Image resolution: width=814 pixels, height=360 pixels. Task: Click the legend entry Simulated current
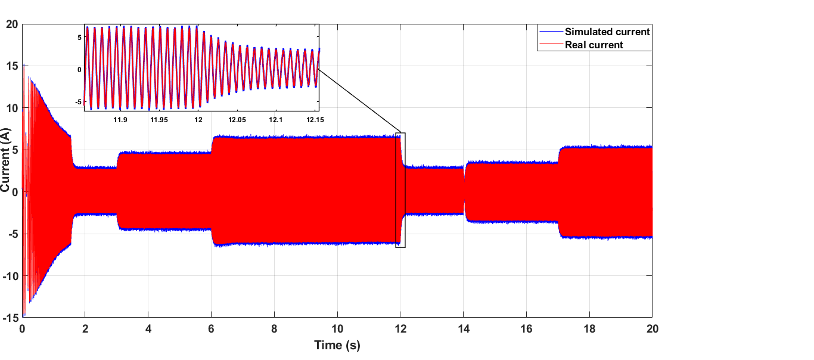point(607,32)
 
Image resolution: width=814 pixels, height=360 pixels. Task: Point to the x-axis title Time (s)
point(337,345)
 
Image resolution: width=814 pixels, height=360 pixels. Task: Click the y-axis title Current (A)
point(6,170)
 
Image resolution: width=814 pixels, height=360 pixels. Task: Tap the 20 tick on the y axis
point(12,24)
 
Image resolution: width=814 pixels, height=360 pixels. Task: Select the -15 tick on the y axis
point(10,318)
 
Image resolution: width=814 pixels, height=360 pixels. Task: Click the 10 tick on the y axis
point(12,108)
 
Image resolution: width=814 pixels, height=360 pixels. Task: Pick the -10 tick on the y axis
point(10,276)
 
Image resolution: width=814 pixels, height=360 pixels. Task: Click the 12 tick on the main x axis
point(400,329)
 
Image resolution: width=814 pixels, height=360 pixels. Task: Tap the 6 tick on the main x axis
point(212,329)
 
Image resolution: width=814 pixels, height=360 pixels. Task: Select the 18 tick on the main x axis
point(589,329)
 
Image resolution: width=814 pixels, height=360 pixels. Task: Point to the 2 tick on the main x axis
point(85,329)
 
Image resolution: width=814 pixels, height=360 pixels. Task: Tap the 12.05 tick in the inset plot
point(237,120)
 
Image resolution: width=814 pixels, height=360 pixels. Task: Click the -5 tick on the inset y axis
point(77,102)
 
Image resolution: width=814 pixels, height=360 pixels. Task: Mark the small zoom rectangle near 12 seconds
point(400,190)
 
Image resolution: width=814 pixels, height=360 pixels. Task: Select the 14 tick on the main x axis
point(464,329)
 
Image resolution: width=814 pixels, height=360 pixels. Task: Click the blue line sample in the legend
point(550,32)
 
